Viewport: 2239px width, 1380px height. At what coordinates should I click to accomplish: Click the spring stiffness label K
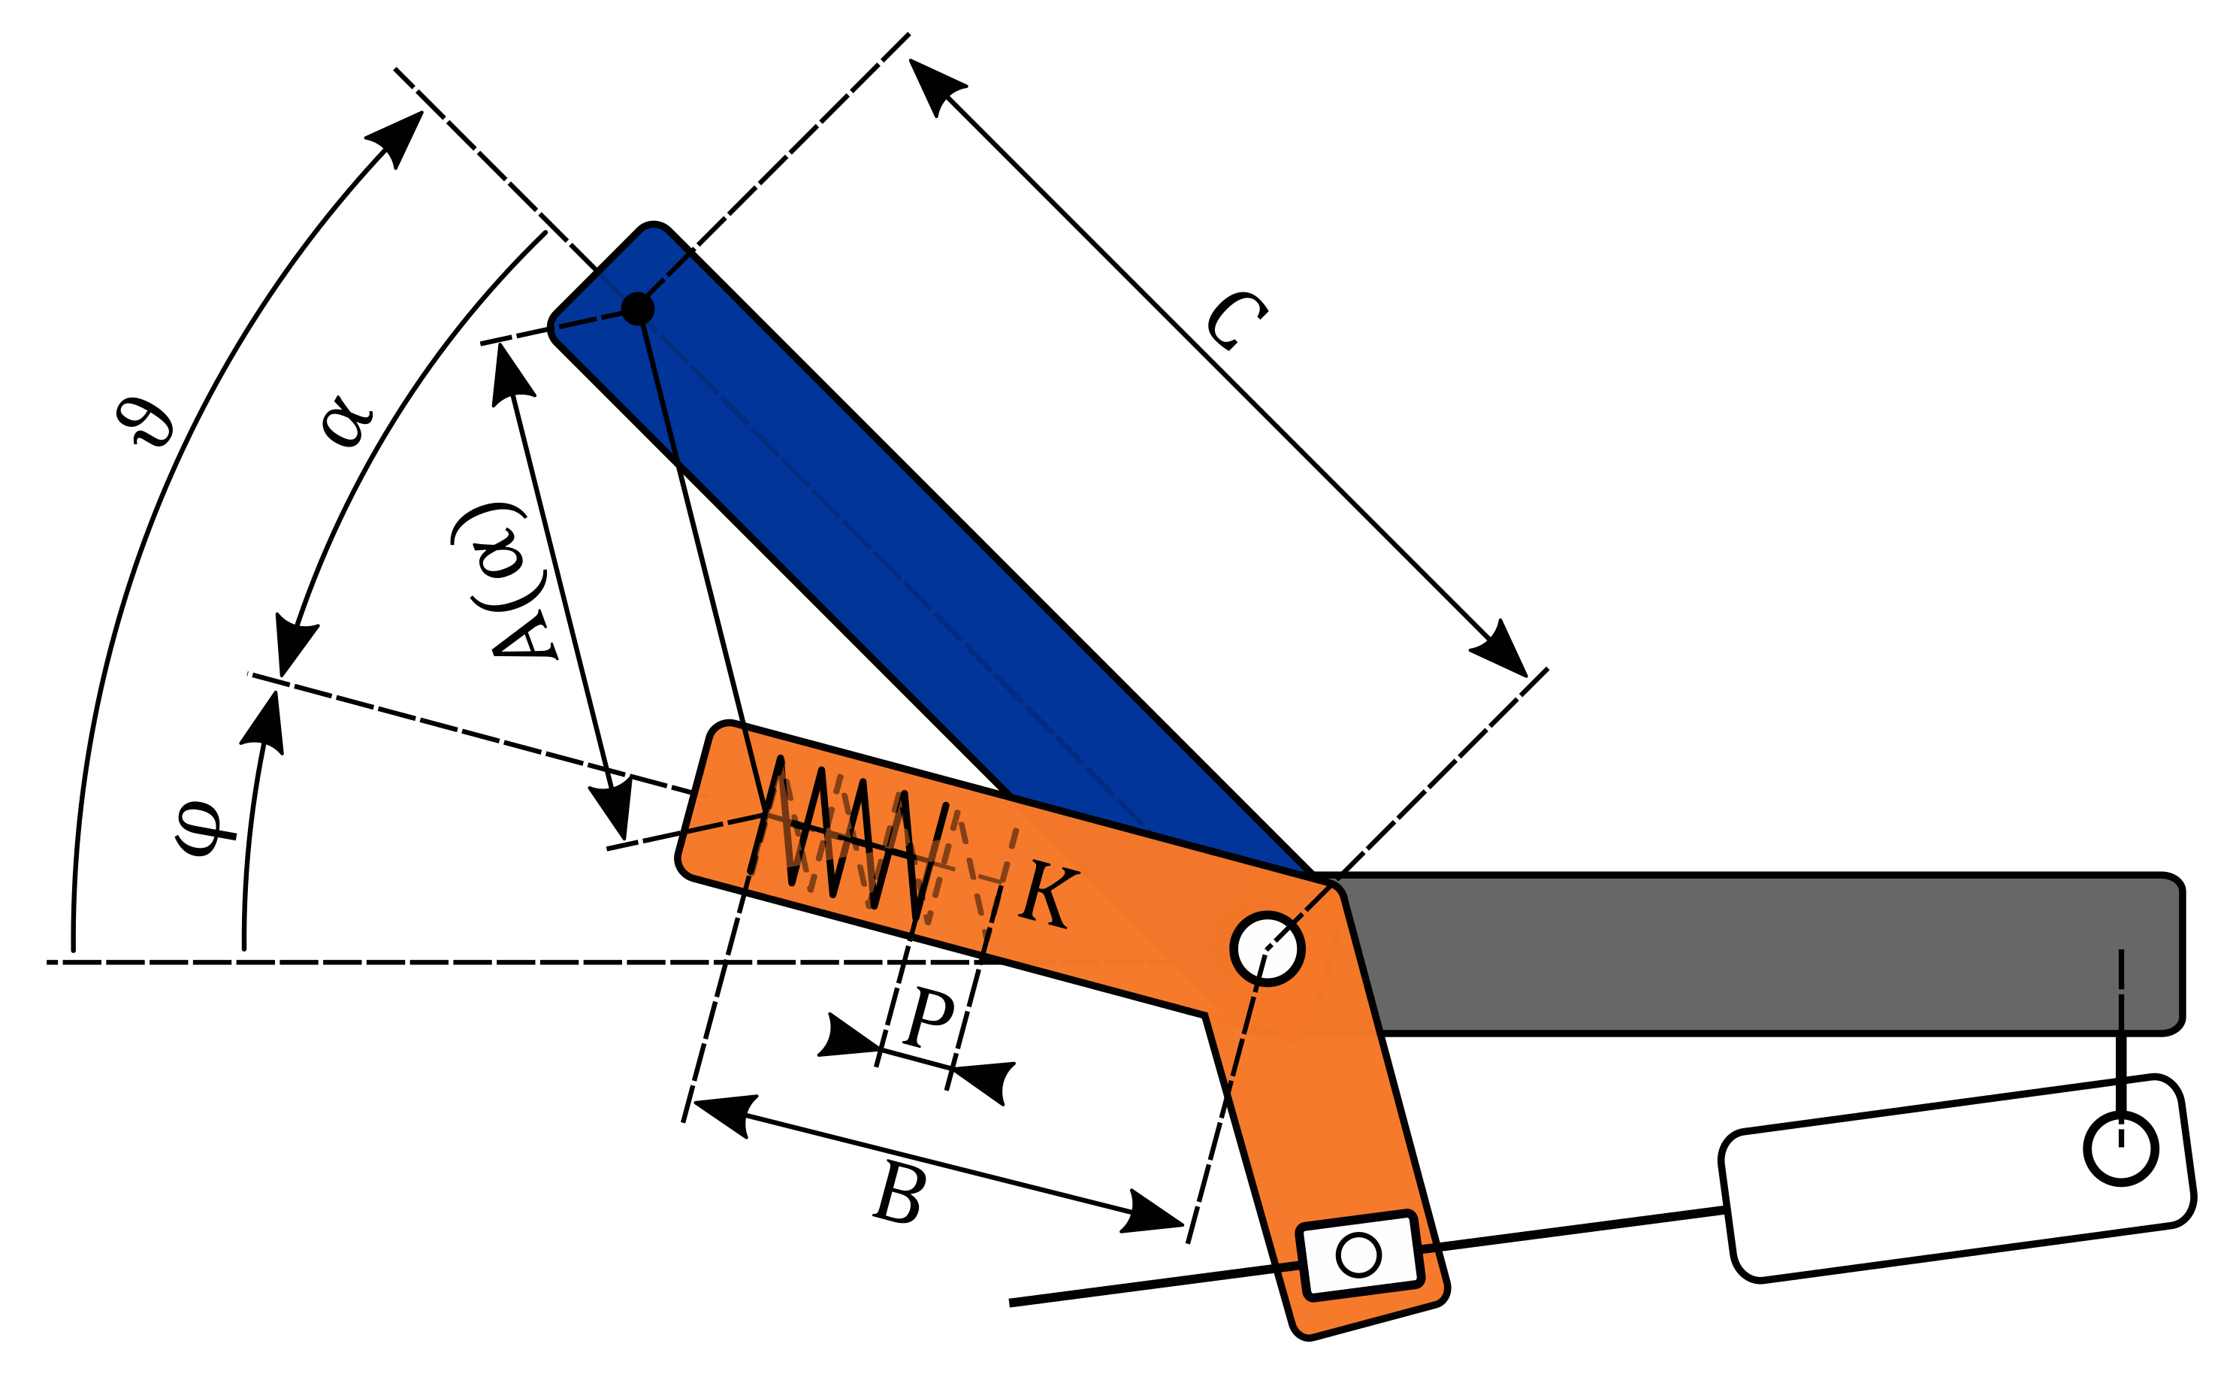pyautogui.click(x=1049, y=894)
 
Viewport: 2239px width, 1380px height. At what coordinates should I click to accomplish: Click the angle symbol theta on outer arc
pyautogui.click(x=144, y=422)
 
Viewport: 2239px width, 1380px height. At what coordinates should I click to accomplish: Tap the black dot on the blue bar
pyautogui.click(x=638, y=308)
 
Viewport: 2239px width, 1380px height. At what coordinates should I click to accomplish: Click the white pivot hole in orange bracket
pyautogui.click(x=1268, y=949)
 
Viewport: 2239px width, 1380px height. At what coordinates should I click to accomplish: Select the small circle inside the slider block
pyautogui.click(x=1358, y=1255)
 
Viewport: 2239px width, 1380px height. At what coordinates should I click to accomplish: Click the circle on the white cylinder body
pyautogui.click(x=2121, y=1148)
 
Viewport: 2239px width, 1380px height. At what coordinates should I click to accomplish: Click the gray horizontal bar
pyautogui.click(x=1779, y=954)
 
